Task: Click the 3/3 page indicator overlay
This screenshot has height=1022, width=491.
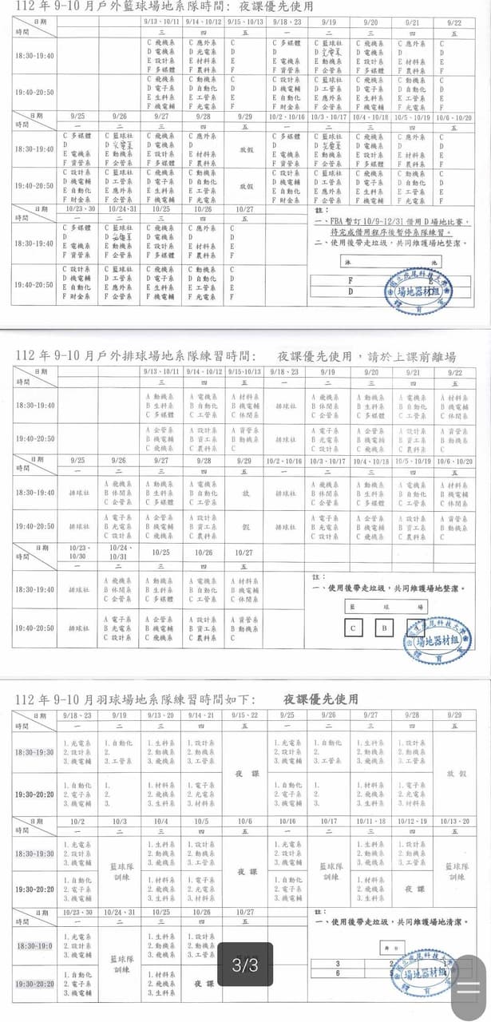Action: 245,965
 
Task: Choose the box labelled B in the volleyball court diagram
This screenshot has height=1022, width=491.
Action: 384,628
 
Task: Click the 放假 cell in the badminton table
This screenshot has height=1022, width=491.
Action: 455,774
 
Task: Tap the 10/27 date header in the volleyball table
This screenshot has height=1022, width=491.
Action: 244,553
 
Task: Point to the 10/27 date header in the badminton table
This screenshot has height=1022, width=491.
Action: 244,912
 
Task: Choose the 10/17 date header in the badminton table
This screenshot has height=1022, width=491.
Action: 329,821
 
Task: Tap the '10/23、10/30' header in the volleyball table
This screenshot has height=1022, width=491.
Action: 77,552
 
